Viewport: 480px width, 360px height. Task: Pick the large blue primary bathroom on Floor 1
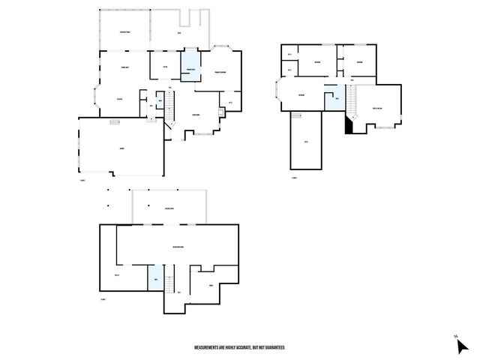point(191,64)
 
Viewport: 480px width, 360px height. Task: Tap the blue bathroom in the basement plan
point(155,279)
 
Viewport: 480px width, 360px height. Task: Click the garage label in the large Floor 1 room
point(121,149)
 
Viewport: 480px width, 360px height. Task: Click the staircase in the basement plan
point(169,284)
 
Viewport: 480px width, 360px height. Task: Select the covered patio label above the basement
point(169,208)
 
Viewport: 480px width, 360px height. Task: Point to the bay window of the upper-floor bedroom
point(278,93)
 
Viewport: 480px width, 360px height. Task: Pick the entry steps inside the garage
point(115,121)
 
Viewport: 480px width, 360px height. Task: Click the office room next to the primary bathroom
point(164,66)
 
